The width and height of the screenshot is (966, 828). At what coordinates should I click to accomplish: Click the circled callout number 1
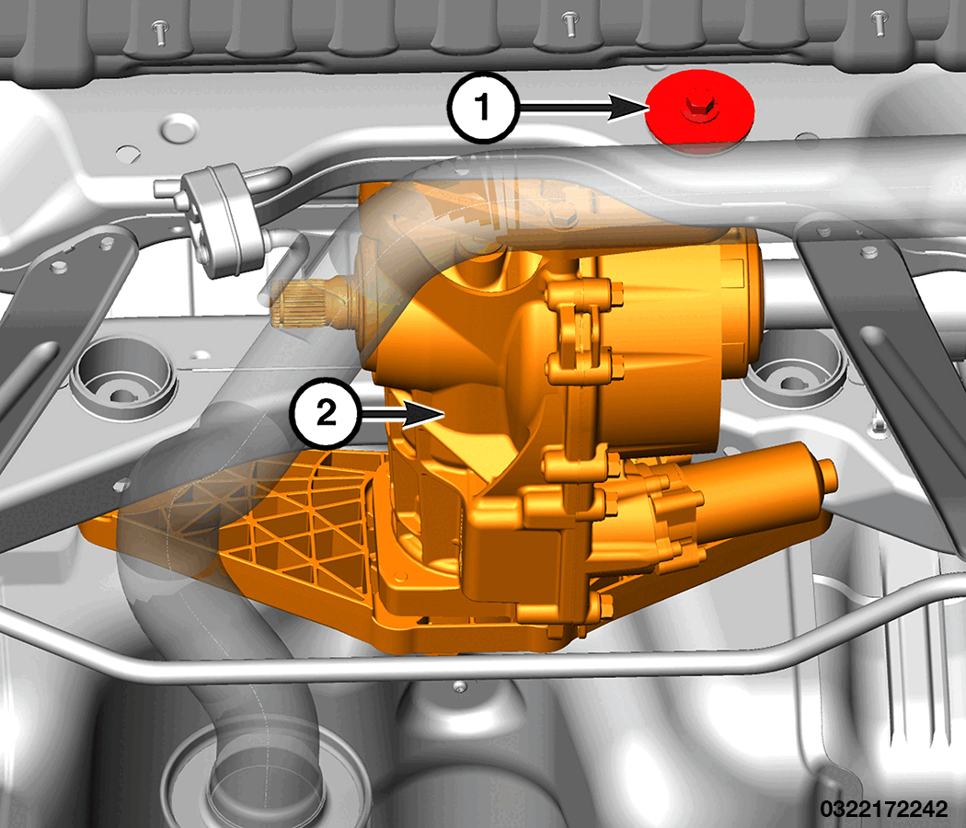click(x=484, y=108)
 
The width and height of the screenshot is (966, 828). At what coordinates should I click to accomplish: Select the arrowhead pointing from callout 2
click(x=426, y=412)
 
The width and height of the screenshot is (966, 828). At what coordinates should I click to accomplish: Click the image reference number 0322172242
click(x=883, y=808)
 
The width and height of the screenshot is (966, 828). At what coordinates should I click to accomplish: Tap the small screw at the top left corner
click(x=161, y=32)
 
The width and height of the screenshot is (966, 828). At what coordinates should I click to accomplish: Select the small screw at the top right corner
click(x=879, y=23)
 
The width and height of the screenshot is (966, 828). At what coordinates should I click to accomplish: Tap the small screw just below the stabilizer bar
click(x=459, y=686)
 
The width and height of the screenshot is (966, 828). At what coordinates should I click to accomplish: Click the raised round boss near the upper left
click(x=178, y=128)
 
